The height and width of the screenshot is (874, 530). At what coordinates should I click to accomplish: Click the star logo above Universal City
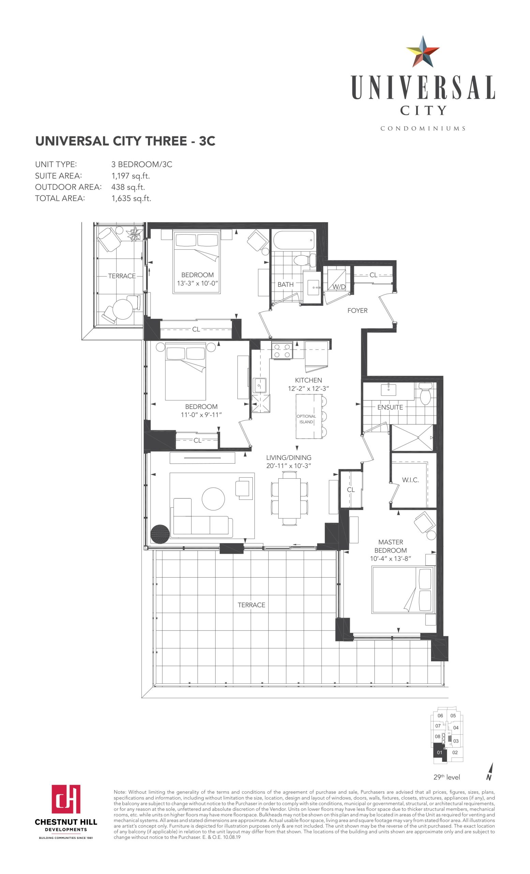[422, 52]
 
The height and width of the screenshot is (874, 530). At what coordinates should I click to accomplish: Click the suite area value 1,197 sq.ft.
[130, 176]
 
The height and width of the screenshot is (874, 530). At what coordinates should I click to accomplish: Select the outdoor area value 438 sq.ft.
[128, 187]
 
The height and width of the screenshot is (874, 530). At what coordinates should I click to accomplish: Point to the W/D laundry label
[339, 286]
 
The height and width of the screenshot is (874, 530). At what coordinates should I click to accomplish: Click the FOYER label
[357, 310]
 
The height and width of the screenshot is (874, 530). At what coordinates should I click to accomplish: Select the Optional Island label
[306, 419]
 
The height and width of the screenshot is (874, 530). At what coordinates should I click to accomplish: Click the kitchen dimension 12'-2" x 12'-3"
[308, 389]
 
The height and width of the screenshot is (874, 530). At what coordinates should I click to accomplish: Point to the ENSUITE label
[390, 407]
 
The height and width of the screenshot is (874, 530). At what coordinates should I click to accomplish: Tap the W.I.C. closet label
[410, 480]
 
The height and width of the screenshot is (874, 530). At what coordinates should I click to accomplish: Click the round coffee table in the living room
[213, 498]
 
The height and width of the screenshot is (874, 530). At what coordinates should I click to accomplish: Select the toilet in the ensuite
[425, 393]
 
